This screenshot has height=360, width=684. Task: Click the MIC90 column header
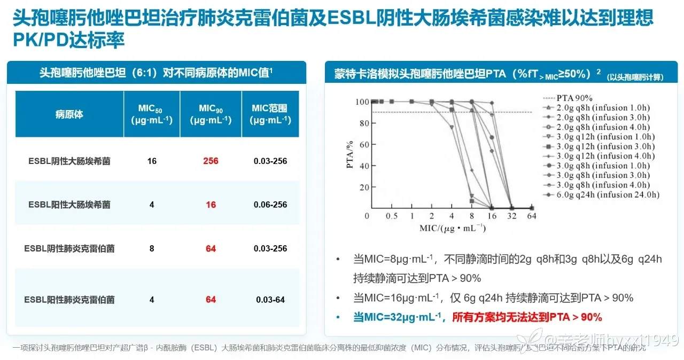[x=211, y=114]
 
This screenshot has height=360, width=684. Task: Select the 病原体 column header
[x=69, y=114]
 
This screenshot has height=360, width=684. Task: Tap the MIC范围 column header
[x=269, y=114]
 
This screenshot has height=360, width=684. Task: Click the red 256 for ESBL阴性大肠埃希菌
[x=211, y=160]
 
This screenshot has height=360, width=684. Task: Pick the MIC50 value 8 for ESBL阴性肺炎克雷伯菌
[x=152, y=248]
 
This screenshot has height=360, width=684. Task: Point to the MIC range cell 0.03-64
[x=270, y=300]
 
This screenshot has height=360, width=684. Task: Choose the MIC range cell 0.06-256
[x=269, y=205]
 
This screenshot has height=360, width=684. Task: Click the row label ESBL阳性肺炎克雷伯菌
[x=69, y=300]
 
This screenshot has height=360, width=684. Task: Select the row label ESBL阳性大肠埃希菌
[x=69, y=205]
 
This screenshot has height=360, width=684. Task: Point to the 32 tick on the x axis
[x=511, y=216]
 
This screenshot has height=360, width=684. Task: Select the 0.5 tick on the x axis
[x=392, y=216]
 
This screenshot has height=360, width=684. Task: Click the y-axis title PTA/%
[x=350, y=155]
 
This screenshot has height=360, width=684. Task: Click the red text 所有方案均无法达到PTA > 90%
[x=527, y=317]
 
